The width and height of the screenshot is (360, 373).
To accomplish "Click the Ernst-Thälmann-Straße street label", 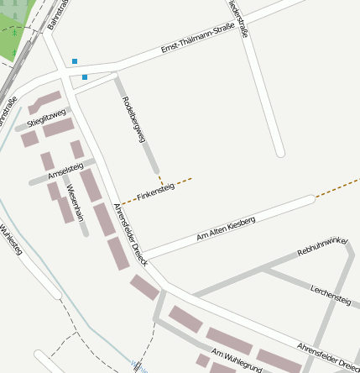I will pos(197,39).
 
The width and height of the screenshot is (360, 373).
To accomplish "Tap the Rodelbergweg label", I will pos(134,118).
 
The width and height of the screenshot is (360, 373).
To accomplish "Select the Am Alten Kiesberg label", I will pos(226,228).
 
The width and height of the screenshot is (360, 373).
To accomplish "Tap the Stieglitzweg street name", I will pos(46,118).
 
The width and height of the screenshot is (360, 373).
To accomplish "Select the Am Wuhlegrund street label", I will pos(237,360).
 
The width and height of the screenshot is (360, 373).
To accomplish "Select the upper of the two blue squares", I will pos(75,61).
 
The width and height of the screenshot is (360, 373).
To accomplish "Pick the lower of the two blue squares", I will pos(85,77).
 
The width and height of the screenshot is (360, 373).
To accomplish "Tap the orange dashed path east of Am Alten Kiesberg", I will pos(337,187).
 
